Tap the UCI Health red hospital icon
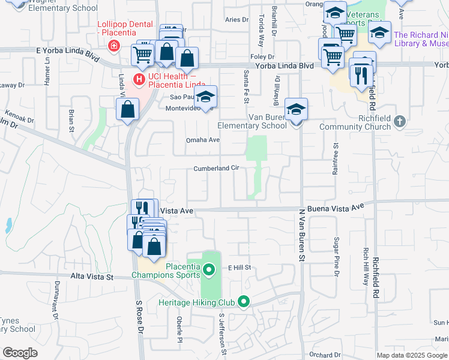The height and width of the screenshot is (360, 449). (x=140, y=79)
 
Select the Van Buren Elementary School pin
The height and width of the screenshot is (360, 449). (x=296, y=109)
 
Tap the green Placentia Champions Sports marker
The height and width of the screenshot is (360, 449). (x=209, y=271)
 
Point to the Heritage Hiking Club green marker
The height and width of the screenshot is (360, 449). (x=243, y=301)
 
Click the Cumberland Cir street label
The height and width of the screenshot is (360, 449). (x=216, y=169)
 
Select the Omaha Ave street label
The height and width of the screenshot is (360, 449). (x=202, y=140)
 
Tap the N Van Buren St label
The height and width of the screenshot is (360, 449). (x=302, y=235)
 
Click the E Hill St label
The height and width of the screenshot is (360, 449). (x=238, y=268)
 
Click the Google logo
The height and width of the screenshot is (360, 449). (x=20, y=353)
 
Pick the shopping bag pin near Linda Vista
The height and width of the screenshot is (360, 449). (x=127, y=109)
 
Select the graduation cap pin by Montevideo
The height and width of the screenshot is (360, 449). (x=205, y=97)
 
